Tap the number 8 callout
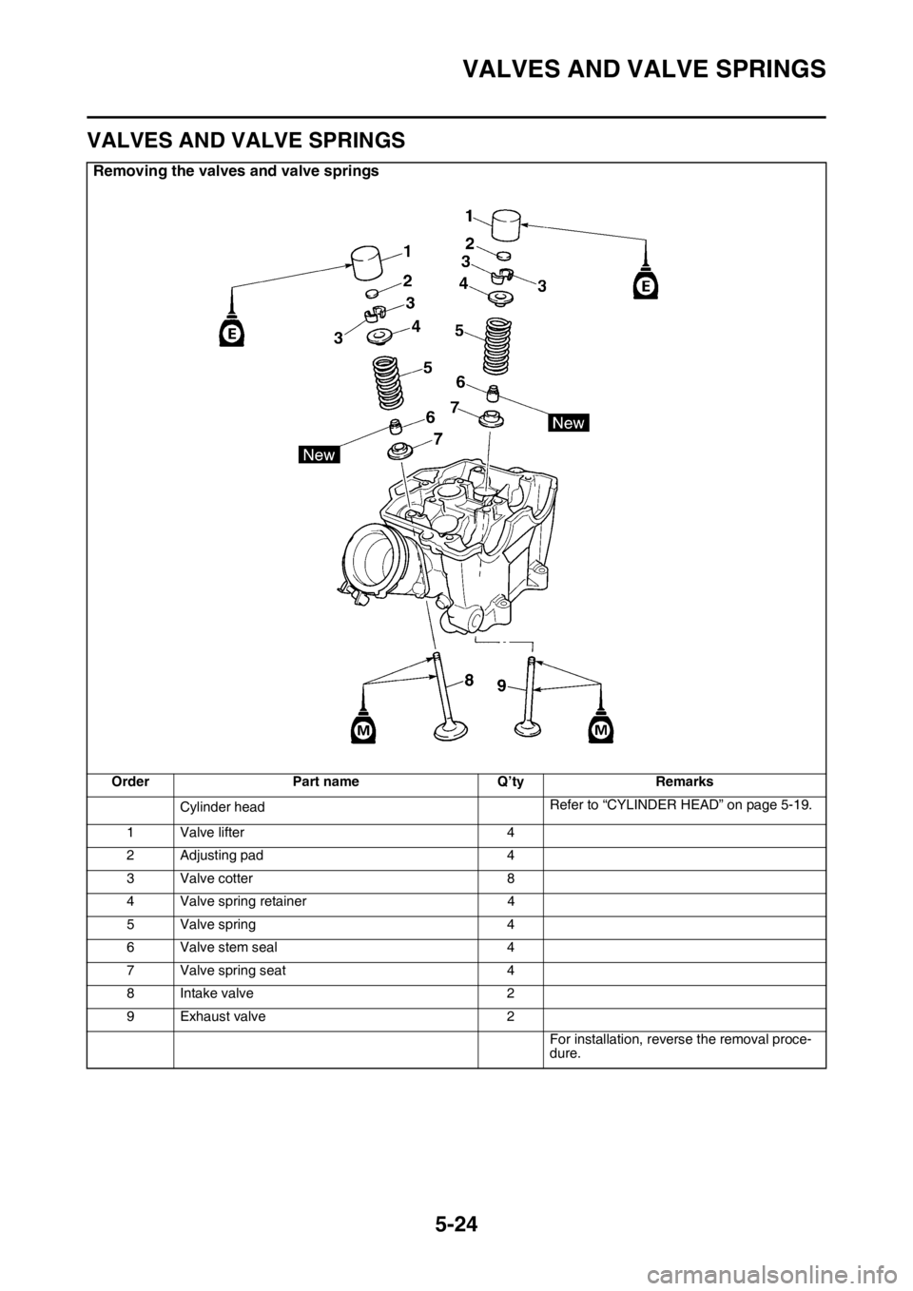[x=469, y=680]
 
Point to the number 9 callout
[x=500, y=693]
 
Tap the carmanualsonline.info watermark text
[x=780, y=1263]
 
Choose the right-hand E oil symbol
[x=647, y=284]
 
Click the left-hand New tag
[x=319, y=454]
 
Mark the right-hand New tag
[x=568, y=423]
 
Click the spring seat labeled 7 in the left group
[x=401, y=449]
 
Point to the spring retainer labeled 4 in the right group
[x=500, y=298]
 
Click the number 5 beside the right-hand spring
[x=459, y=331]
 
